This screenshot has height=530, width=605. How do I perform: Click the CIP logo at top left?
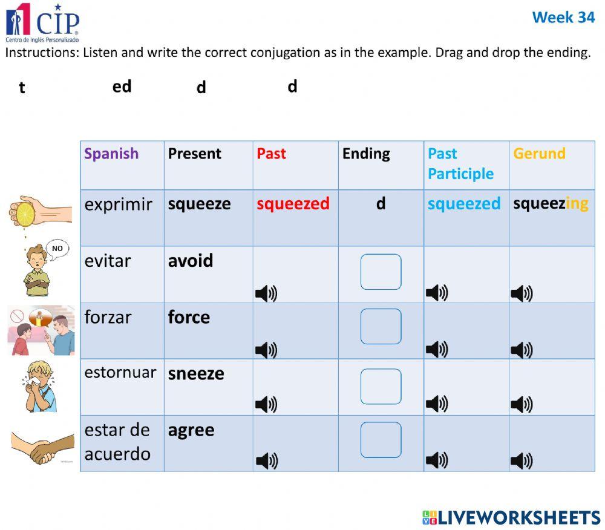tap(42, 21)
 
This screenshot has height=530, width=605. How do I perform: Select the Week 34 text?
tap(563, 17)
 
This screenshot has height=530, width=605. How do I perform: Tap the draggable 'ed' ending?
tap(122, 87)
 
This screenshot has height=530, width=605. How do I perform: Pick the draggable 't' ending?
tap(22, 88)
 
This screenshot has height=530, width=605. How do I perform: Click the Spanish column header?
tap(111, 154)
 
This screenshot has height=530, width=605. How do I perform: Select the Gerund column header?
tap(539, 154)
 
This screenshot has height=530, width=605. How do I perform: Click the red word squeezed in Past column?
tap(293, 203)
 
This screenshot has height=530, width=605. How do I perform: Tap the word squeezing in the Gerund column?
tap(551, 203)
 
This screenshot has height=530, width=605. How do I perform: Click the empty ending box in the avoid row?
tap(381, 272)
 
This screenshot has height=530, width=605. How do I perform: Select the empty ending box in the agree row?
tap(381, 440)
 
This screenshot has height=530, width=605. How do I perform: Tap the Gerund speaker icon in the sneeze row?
tap(522, 404)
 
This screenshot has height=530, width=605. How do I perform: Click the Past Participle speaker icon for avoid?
tap(436, 293)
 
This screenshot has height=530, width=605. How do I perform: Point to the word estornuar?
tap(120, 372)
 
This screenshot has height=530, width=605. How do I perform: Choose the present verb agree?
tap(191, 430)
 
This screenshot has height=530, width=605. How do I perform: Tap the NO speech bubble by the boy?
tap(57, 249)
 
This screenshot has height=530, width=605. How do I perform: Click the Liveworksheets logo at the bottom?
tap(511, 517)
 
